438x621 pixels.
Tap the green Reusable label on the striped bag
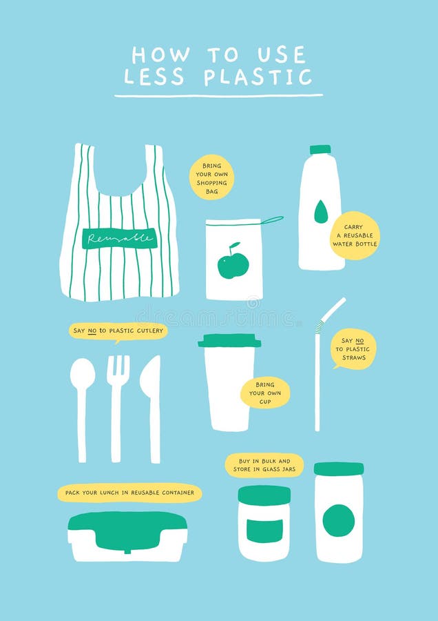(x=119, y=239)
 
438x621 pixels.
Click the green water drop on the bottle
(x=321, y=212)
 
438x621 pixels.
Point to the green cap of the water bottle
(x=320, y=149)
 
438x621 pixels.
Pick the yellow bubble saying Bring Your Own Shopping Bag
(x=211, y=177)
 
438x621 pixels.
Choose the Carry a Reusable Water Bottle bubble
(x=354, y=235)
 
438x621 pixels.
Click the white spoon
(x=83, y=400)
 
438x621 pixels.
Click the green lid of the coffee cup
(x=229, y=341)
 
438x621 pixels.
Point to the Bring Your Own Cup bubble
(x=265, y=393)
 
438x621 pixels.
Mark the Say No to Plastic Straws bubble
(x=353, y=349)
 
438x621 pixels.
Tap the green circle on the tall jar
(x=339, y=520)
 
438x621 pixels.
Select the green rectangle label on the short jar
(x=264, y=530)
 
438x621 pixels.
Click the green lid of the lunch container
(x=127, y=528)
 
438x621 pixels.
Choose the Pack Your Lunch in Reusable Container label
(x=129, y=493)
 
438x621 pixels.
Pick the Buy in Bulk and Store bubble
(x=264, y=465)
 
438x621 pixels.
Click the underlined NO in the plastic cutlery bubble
(x=92, y=331)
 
